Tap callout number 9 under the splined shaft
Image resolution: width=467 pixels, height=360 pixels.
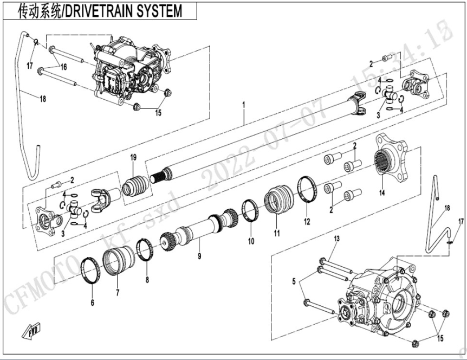pos(199,255)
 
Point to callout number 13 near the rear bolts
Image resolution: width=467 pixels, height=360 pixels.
pos(336,239)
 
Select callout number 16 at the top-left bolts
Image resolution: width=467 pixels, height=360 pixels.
pos(63,67)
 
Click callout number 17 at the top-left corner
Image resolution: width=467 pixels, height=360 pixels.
pos(31,66)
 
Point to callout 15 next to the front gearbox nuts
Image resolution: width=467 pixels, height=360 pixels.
pos(159,113)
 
